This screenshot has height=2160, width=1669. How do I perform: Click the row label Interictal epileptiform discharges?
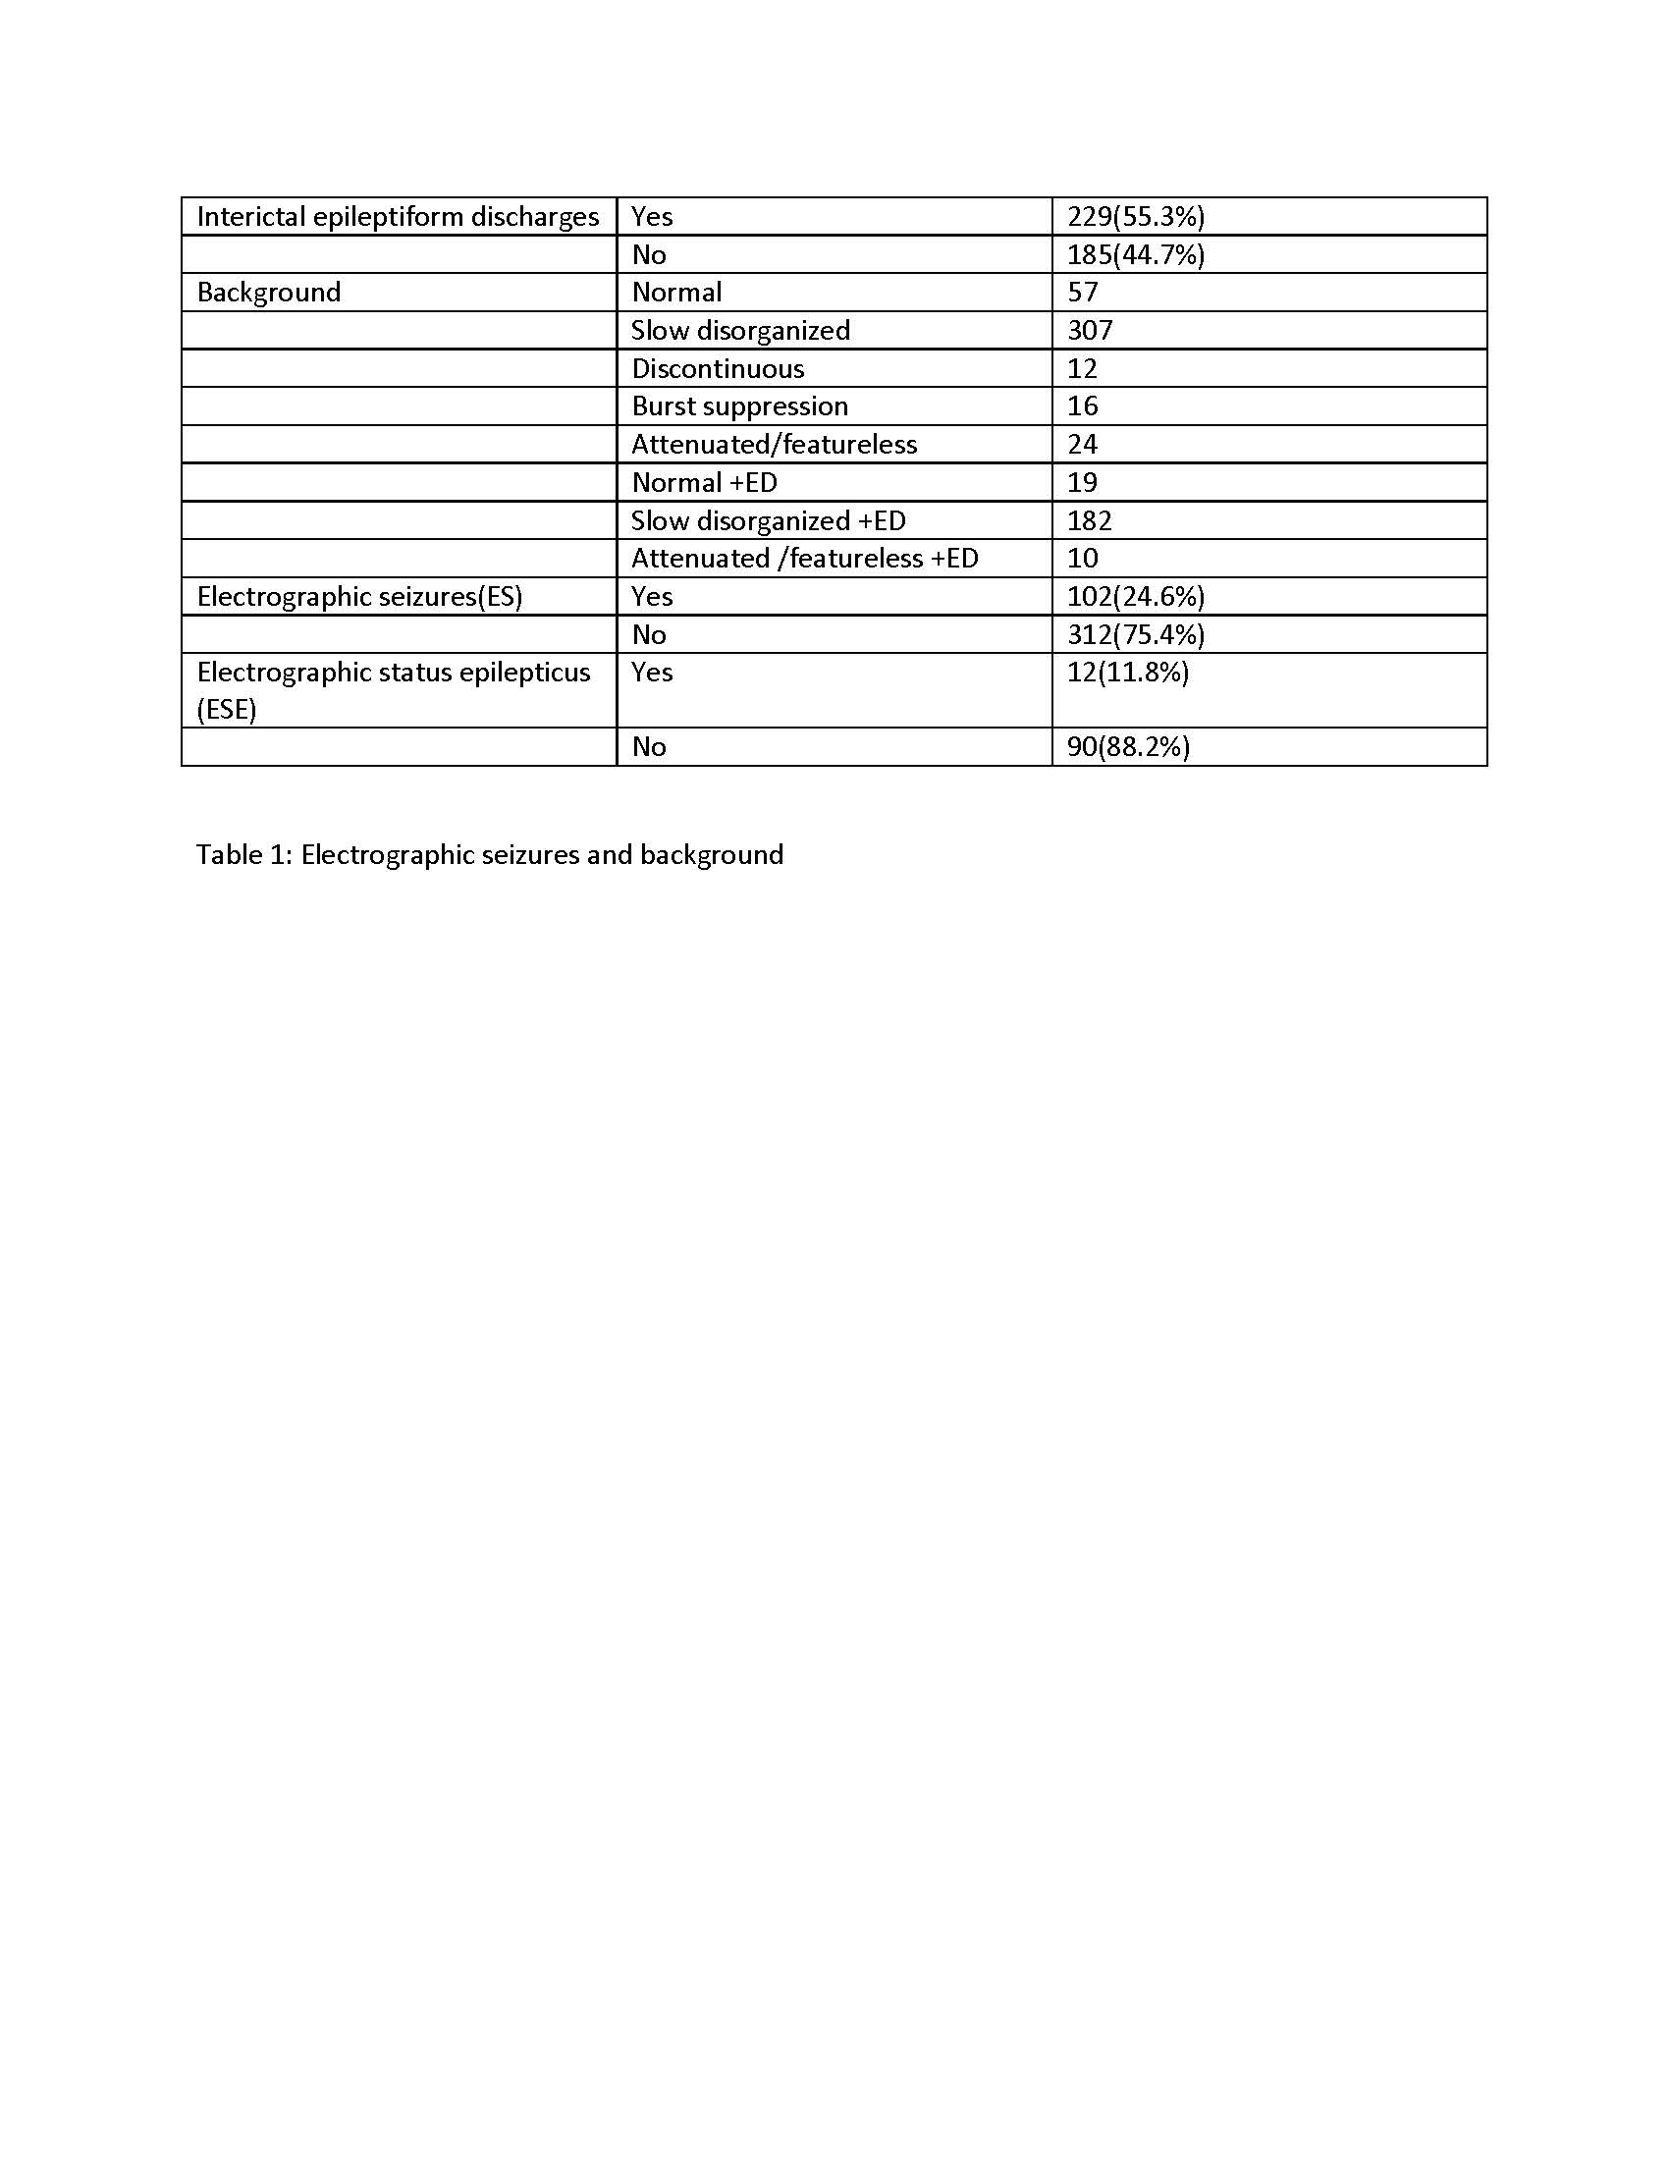pos(398,217)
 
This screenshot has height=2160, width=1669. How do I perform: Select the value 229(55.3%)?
pos(1135,217)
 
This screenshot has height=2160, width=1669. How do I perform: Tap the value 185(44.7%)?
pos(1135,255)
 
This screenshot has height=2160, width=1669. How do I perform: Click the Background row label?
pos(269,293)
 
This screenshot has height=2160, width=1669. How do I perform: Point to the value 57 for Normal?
pos(1083,293)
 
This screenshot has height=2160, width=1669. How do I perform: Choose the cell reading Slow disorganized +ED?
pos(769,521)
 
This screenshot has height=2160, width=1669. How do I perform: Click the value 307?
pos(1090,330)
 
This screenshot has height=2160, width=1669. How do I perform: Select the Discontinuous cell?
pos(718,369)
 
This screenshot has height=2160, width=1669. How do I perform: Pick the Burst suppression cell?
pos(739,406)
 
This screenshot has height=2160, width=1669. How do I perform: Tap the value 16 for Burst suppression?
pos(1083,406)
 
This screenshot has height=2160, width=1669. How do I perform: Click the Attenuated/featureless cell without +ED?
pos(775,445)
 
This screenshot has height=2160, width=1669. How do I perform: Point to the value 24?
pos(1083,445)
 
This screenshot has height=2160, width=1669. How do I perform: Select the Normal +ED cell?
pos(704,483)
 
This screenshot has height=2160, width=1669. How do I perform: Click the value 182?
pos(1090,521)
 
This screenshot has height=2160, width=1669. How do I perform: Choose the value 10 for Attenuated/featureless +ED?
pos(1083,559)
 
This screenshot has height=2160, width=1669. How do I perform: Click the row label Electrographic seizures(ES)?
pos(360,596)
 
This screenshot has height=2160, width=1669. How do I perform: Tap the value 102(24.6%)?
pos(1135,596)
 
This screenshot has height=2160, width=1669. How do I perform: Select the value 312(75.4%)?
pos(1135,635)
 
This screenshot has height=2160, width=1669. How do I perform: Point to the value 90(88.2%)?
pos(1128,747)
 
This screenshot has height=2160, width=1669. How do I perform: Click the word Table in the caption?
pos(228,854)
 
